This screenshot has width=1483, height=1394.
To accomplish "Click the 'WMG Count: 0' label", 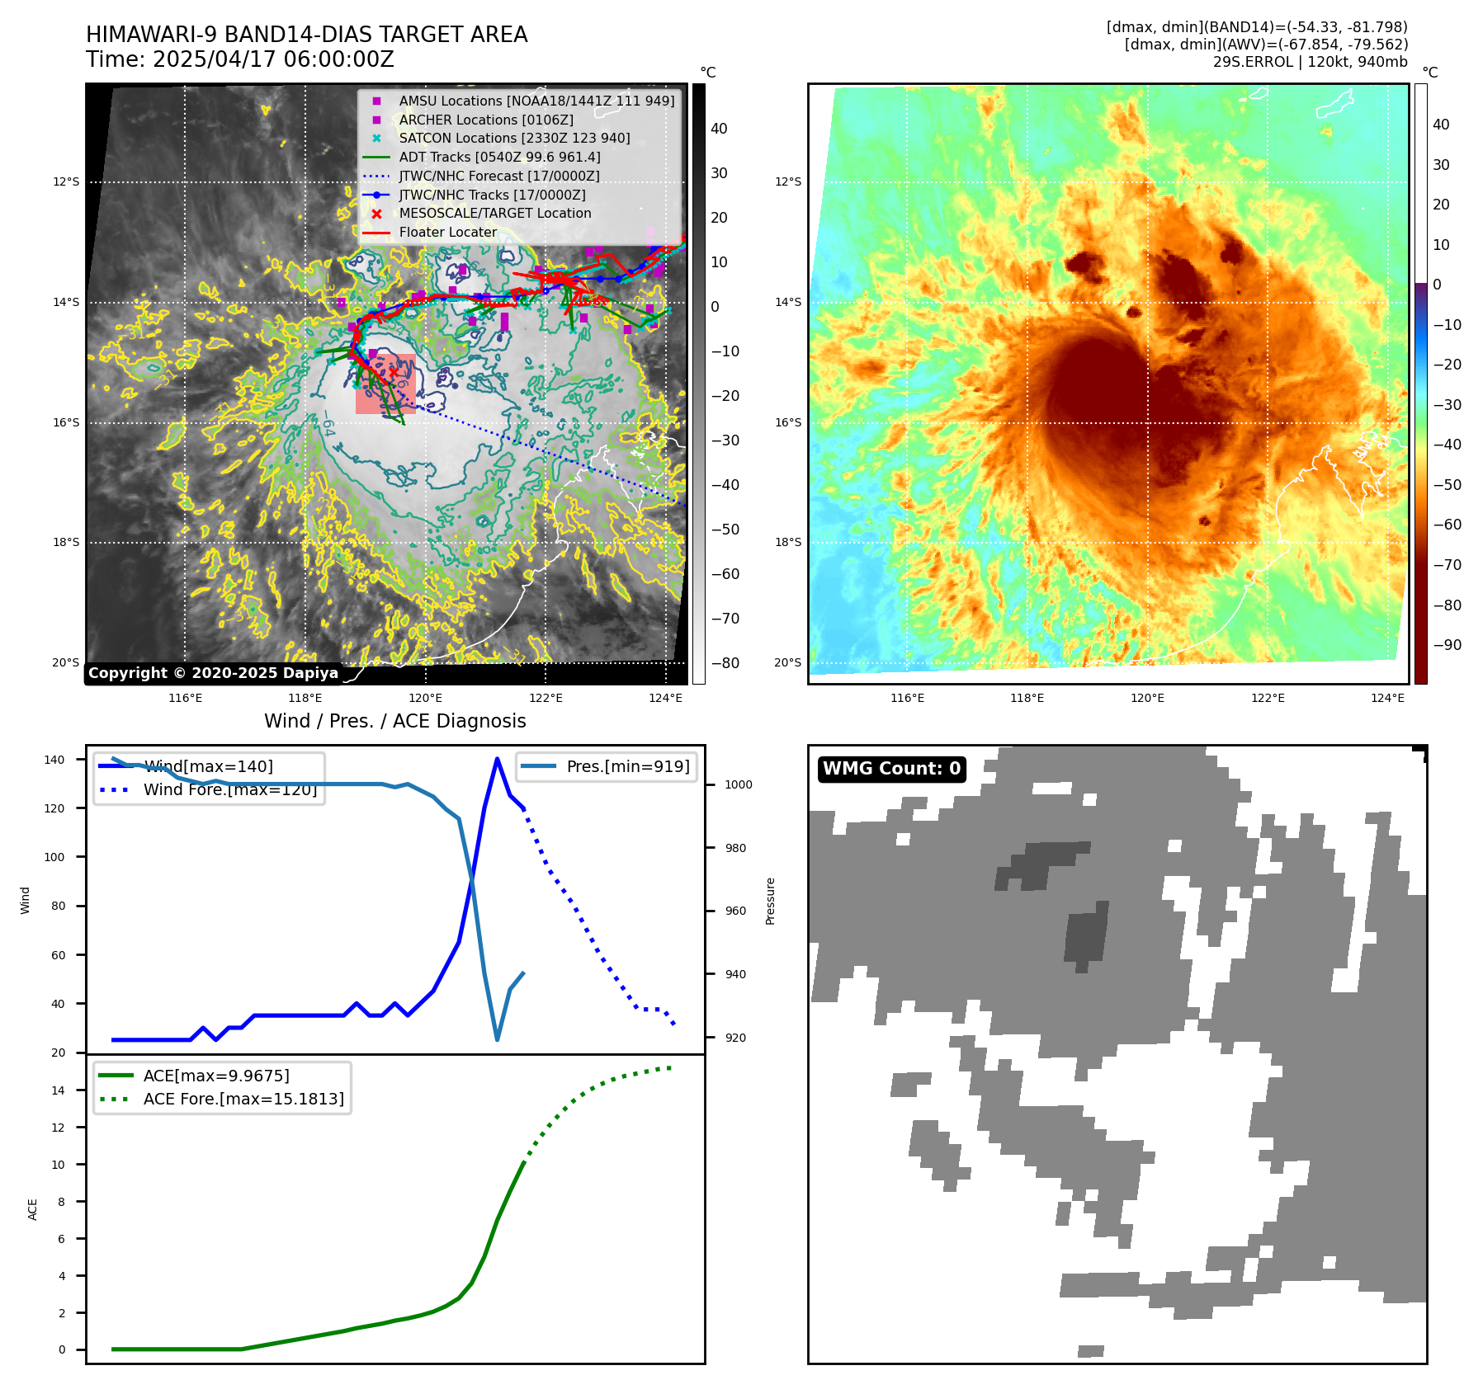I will (891, 769).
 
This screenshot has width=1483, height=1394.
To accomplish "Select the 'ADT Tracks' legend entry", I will (499, 157).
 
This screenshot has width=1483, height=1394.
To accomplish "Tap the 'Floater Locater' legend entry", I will (447, 233).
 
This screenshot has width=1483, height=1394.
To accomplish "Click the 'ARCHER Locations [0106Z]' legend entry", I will (485, 120).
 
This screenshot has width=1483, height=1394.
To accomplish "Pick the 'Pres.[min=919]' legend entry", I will (627, 766).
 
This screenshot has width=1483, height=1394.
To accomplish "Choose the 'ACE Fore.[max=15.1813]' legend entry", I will (243, 1099).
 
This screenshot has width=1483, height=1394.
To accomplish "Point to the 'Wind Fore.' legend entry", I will (229, 789).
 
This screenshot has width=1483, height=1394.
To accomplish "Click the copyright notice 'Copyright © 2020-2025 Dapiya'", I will (213, 673).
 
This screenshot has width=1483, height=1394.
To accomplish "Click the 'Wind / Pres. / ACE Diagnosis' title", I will (394, 721).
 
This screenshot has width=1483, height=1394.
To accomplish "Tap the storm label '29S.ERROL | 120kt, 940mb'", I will (1310, 62).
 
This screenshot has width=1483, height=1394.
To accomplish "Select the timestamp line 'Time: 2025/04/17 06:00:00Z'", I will (240, 60).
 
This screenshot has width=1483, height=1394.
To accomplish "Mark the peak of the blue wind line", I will (497, 759).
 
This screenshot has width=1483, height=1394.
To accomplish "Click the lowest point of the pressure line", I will (497, 1039).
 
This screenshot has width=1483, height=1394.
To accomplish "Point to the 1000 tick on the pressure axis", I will (738, 784).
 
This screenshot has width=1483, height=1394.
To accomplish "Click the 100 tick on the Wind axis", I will (54, 857).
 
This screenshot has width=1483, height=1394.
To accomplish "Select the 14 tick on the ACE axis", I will (58, 1090).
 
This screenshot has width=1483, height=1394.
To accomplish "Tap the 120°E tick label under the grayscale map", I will (425, 698).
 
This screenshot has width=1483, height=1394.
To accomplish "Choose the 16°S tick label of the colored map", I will (787, 422).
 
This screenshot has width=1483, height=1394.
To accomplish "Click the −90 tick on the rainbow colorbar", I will (1447, 645).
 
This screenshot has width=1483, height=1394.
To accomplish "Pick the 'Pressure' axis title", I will (770, 901).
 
